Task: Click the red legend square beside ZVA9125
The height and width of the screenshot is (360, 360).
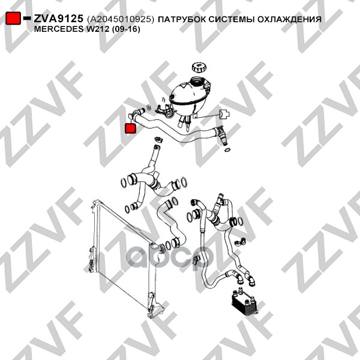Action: [13, 19]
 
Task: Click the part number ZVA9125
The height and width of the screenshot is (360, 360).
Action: [58, 19]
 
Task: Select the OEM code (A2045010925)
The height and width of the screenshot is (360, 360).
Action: [121, 19]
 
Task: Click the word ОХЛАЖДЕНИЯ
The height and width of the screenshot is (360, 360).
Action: [289, 19]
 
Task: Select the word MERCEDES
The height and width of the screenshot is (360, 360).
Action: [59, 29]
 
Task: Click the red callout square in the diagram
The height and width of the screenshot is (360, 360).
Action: [130, 128]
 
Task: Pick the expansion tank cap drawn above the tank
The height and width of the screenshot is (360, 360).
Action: [199, 67]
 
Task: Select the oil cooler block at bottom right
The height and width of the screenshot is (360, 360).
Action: [244, 302]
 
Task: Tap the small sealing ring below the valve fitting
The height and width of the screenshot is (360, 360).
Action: [227, 150]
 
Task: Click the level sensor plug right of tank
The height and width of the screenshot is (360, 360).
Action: [224, 114]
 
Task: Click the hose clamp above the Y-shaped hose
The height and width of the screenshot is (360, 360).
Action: [158, 139]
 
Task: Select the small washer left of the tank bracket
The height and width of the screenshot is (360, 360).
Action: [149, 107]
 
